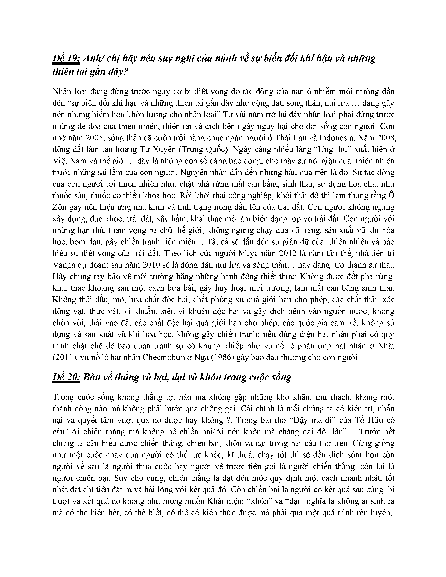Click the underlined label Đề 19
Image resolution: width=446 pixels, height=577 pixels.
tap(66, 59)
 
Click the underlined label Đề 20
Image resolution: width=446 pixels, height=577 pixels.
tap(66, 377)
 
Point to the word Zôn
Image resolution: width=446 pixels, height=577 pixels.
tap(60, 207)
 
